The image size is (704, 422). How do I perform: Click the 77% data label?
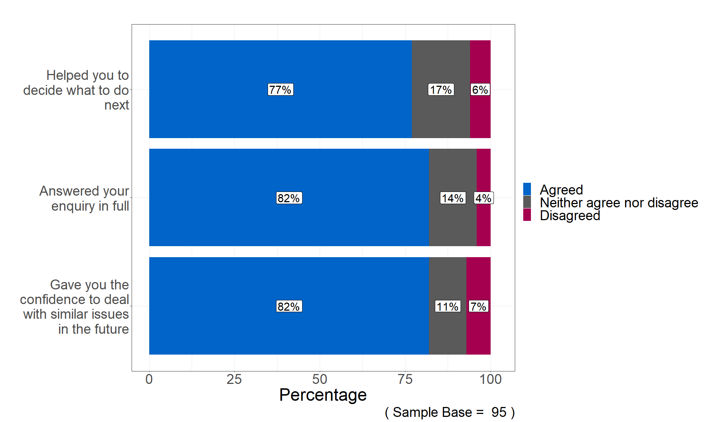pos(280,90)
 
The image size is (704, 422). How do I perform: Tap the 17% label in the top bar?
pos(441,90)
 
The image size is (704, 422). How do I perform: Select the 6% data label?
pos(480,90)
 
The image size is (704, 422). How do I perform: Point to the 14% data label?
pos(453,198)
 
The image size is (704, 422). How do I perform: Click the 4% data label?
pos(483,198)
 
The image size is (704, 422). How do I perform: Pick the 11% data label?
pos(448,307)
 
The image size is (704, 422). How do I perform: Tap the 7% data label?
pos(478,307)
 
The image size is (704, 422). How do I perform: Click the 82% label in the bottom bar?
pos(289,307)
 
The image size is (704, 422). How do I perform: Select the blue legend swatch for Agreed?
pos(527,189)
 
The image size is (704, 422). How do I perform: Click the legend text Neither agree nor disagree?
pos(619,203)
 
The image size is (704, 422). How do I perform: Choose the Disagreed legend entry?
pos(570,215)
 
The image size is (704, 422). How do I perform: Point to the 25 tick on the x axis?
pos(234,379)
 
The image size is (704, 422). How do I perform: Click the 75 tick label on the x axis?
pos(405,379)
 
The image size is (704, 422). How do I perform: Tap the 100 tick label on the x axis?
pos(491,379)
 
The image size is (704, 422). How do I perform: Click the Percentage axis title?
pos(323,395)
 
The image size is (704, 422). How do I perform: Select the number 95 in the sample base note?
pos(499,412)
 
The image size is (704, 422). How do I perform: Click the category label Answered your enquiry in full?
pos(85,198)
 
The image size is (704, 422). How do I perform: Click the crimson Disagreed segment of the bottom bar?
pos(478,330)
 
